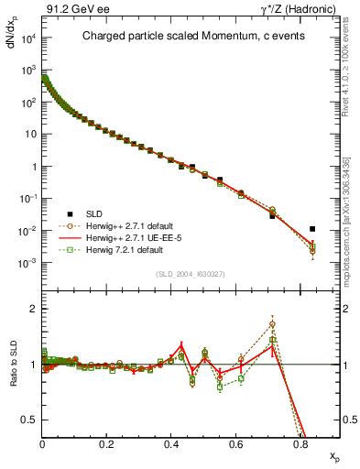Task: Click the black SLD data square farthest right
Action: pos(312,229)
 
